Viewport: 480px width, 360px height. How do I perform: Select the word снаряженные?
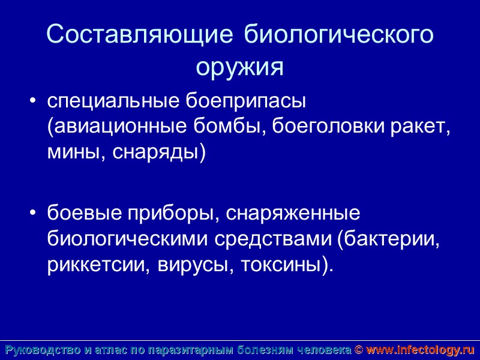pyautogui.click(x=292, y=214)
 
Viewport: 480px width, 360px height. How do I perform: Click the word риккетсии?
pyautogui.click(x=94, y=265)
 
